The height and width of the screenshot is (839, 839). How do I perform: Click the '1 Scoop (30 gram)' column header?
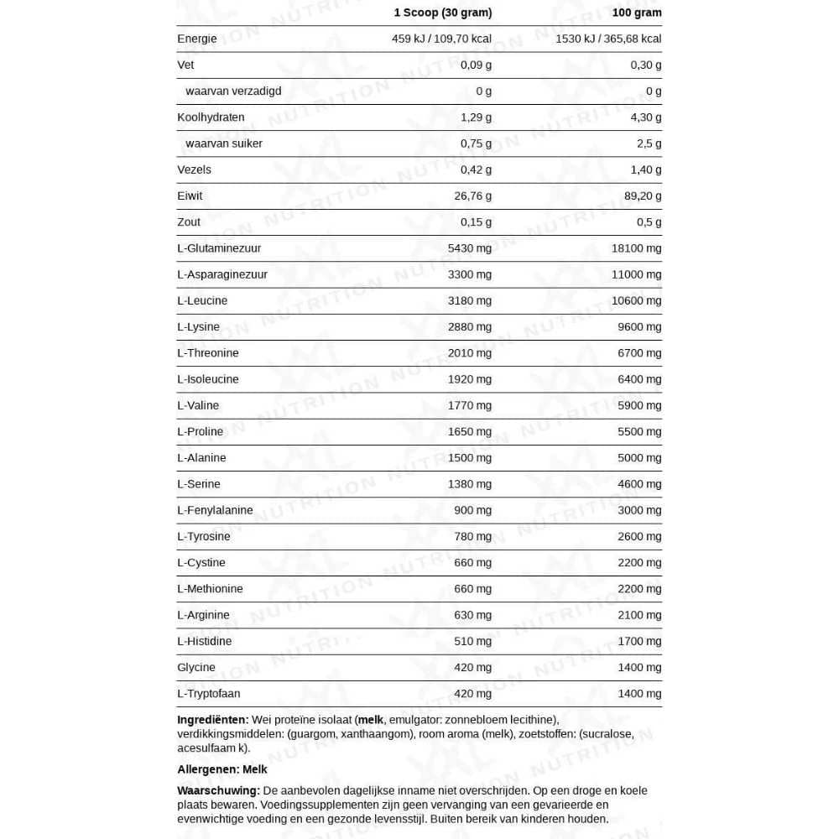[442, 13]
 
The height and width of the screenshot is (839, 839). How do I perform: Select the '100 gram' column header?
[637, 13]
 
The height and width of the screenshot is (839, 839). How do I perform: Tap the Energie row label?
[197, 39]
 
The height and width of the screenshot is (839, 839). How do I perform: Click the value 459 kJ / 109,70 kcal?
[441, 39]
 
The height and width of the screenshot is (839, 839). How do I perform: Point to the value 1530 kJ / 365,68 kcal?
[608, 39]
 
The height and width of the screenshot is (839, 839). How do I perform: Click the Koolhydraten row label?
[211, 117]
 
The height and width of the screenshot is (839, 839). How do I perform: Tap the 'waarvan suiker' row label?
[224, 143]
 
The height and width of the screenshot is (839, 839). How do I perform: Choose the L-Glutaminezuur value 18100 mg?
[637, 248]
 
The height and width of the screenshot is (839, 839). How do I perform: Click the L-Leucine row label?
[202, 300]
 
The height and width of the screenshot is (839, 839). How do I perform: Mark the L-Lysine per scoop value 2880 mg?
[470, 326]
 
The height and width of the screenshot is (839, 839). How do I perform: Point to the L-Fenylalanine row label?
[215, 510]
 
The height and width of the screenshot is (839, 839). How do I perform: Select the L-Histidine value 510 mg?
[473, 641]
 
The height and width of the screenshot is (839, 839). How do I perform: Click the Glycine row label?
[196, 667]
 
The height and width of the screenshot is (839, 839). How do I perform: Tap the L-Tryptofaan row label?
[209, 693]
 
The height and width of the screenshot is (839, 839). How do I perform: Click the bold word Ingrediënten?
[212, 720]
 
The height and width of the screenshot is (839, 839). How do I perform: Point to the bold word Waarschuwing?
[218, 790]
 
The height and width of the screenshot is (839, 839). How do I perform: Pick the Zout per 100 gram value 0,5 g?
[649, 221]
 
